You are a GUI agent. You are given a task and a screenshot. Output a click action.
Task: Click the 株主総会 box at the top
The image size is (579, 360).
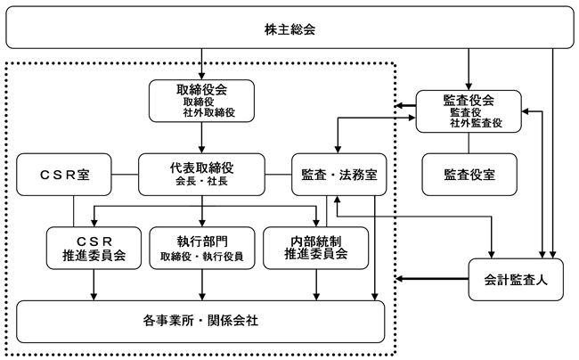[289, 28]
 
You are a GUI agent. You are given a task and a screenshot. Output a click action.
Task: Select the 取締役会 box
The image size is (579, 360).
[201, 101]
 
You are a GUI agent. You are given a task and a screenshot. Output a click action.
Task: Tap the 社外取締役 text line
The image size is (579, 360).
[209, 112]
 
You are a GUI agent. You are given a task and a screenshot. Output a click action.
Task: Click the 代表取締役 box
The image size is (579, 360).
[201, 175]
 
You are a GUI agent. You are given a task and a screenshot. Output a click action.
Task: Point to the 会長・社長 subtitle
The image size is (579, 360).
[201, 181]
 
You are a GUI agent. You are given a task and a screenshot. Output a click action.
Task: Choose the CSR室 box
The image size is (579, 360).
[64, 175]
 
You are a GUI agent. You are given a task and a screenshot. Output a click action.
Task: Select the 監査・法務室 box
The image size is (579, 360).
[339, 175]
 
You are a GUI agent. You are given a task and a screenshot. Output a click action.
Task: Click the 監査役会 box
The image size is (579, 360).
[469, 111]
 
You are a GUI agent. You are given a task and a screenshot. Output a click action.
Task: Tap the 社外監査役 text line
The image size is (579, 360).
[476, 123]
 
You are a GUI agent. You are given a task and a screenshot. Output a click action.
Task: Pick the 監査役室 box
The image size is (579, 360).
[469, 175]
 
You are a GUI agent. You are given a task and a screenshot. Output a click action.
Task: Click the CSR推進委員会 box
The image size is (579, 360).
[94, 248]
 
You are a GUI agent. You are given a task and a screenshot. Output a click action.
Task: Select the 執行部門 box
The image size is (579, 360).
[202, 248]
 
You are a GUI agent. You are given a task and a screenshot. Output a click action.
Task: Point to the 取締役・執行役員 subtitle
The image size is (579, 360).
[202, 257]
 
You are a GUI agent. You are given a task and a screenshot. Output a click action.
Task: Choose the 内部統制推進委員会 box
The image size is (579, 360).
[315, 248]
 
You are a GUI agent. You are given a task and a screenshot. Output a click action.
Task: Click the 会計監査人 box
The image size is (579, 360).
[516, 280]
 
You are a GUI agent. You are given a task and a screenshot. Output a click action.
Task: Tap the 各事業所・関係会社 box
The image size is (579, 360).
[200, 322]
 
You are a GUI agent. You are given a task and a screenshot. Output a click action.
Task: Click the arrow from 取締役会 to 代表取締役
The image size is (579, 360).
[201, 138]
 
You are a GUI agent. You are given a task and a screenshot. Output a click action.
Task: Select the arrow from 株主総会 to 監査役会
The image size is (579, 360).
[469, 70]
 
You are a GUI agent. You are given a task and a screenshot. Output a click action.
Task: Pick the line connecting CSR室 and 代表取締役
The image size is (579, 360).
[125, 175]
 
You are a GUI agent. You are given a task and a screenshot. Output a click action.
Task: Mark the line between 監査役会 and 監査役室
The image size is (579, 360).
[469, 143]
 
